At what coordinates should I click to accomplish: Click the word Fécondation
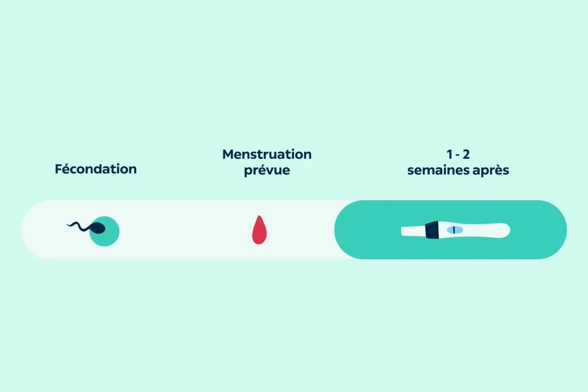(96, 169)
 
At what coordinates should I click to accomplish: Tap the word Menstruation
(267, 154)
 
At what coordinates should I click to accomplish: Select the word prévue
(267, 171)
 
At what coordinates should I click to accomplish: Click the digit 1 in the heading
(450, 154)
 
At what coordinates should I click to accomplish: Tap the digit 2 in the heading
(466, 154)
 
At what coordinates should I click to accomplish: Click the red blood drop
(259, 230)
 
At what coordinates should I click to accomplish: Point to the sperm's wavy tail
(79, 226)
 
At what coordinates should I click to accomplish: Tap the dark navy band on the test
(432, 230)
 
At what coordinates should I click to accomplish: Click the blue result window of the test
(455, 230)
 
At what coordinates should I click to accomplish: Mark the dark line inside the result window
(454, 230)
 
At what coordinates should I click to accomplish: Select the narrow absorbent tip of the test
(413, 231)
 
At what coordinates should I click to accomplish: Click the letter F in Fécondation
(58, 169)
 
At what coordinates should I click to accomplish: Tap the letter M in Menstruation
(228, 154)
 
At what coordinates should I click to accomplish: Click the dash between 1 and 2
(458, 155)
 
